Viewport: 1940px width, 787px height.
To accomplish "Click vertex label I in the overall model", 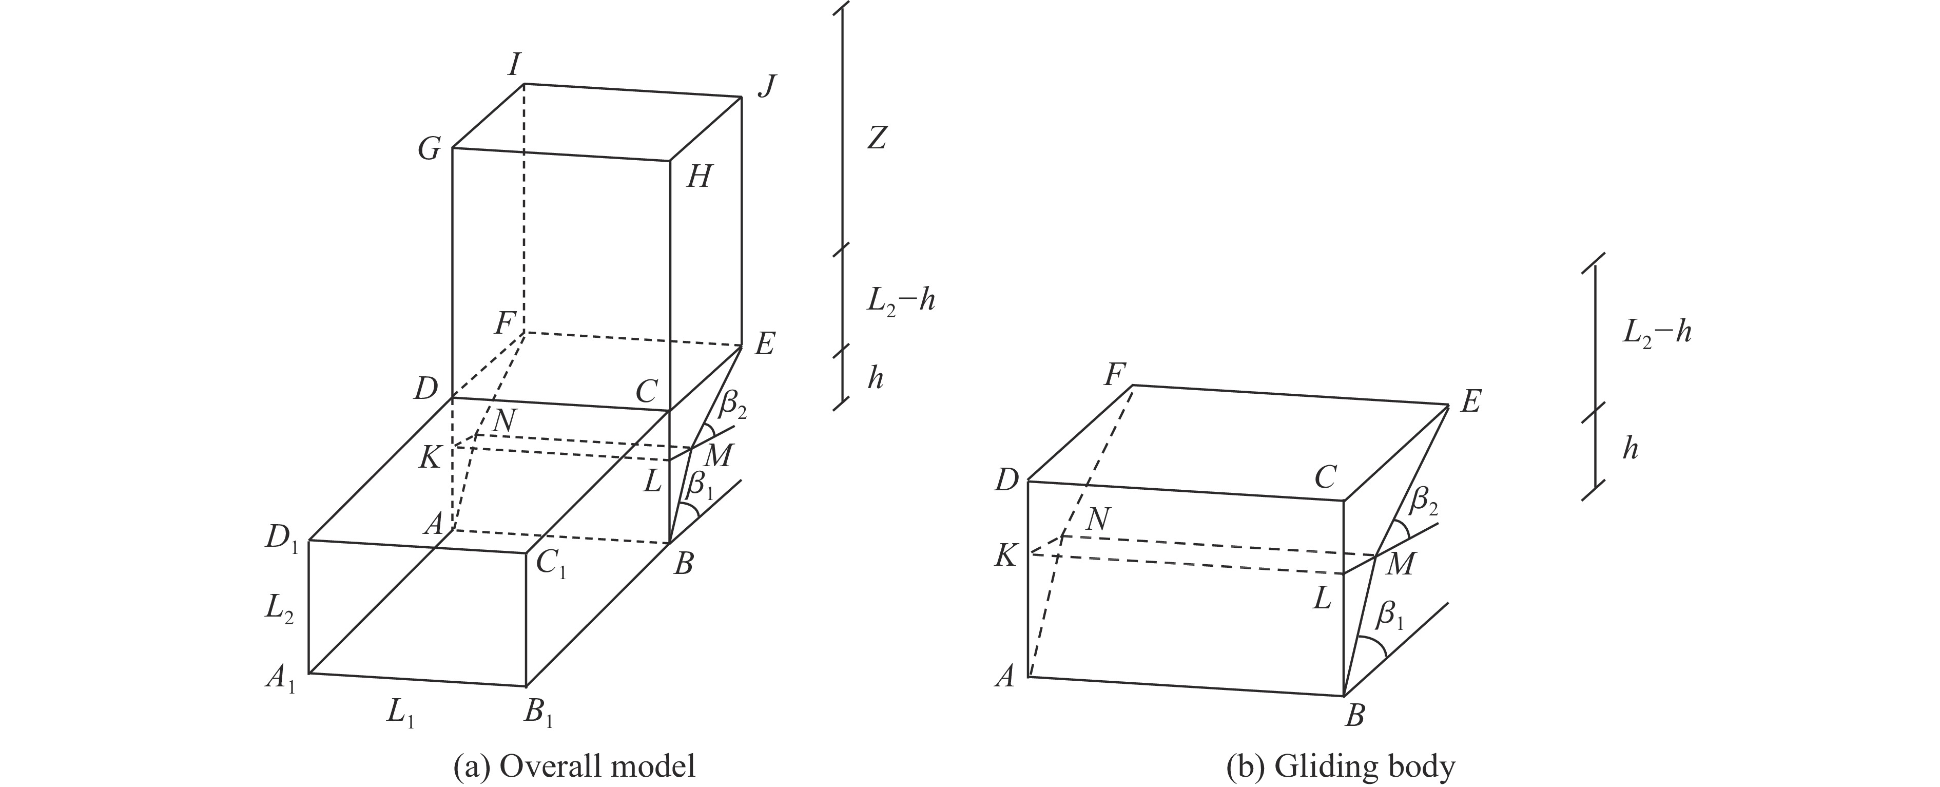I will pos(514,66).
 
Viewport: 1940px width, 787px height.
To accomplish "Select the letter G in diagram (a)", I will pos(429,150).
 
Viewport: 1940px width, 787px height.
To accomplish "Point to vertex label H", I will pos(698,178).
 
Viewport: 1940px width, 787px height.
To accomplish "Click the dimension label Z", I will pos(875,139).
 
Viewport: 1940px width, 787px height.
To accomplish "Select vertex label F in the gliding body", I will pos(1115,374).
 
